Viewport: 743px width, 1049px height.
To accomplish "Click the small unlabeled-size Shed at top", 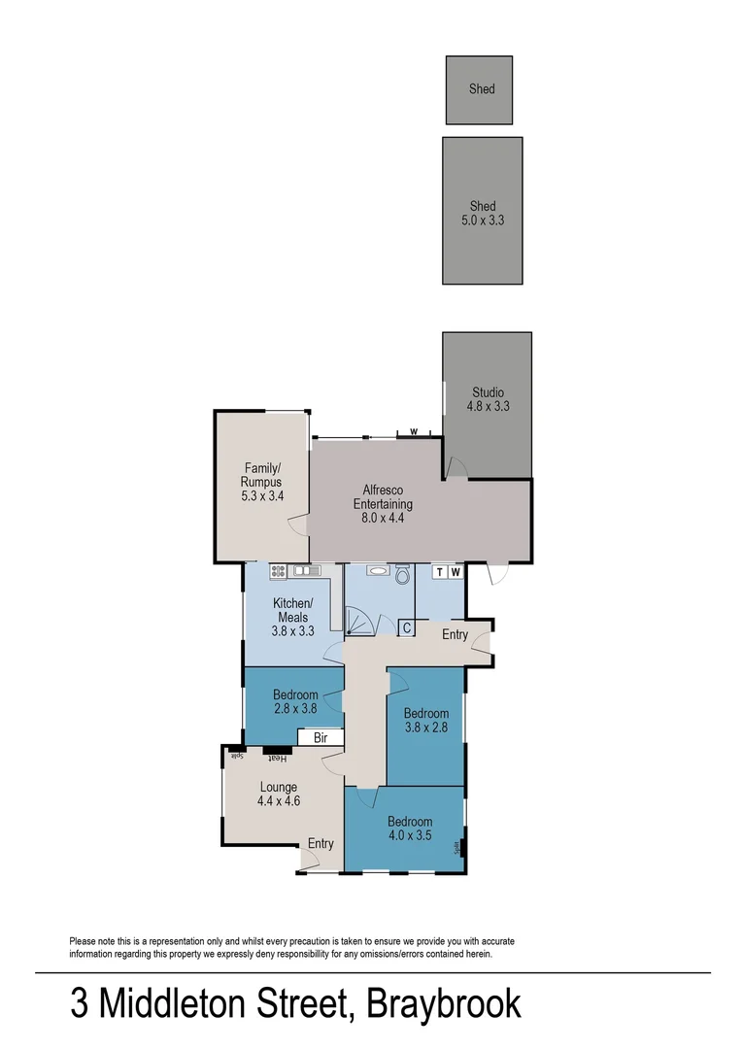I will click(480, 89).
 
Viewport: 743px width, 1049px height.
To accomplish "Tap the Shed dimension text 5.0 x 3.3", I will click(483, 220).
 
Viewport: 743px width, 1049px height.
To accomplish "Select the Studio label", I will click(489, 392).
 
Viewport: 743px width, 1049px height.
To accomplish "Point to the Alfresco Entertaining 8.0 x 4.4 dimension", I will click(382, 519).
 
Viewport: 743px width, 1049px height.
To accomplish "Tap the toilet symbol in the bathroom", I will click(402, 575).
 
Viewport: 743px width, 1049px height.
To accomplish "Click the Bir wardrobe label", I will click(321, 738).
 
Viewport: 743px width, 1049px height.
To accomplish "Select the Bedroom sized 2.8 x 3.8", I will click(295, 701).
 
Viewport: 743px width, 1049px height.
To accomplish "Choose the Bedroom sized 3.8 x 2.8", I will click(425, 720).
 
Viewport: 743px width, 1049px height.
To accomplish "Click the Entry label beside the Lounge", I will click(321, 843).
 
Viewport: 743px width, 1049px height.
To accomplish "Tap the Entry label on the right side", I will click(455, 635).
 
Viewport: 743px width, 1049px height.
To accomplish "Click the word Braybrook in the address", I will click(443, 1004).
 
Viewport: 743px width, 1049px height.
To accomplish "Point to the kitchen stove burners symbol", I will click(278, 571).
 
